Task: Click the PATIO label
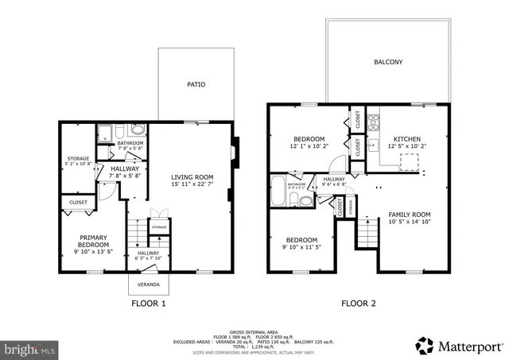pyautogui.click(x=196, y=83)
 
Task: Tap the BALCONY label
pyautogui.click(x=388, y=62)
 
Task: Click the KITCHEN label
pyautogui.click(x=407, y=138)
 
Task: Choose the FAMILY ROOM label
pyautogui.click(x=409, y=215)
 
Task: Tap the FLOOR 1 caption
pyautogui.click(x=148, y=304)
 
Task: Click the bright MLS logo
pyautogui.click(x=29, y=348)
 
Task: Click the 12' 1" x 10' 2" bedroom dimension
pyautogui.click(x=308, y=146)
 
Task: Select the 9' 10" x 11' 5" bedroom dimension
pyautogui.click(x=302, y=248)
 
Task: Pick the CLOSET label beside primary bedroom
pyautogui.click(x=77, y=203)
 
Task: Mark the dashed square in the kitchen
pyautogui.click(x=410, y=162)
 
